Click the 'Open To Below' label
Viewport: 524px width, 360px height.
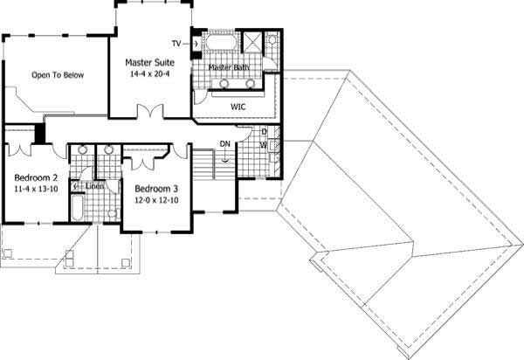point(58,75)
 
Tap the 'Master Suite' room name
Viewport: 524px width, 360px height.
point(149,63)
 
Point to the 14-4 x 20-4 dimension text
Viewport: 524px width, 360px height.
point(149,75)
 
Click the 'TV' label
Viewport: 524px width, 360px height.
point(176,43)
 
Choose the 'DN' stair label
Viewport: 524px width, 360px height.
point(224,143)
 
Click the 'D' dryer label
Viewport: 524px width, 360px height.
point(264,133)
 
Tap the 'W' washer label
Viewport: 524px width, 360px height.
point(264,145)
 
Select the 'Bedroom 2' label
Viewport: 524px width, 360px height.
point(36,176)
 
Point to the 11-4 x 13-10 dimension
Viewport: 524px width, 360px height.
point(36,188)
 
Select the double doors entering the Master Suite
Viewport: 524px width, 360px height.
point(150,113)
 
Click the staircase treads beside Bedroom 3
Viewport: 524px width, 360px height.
point(203,164)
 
